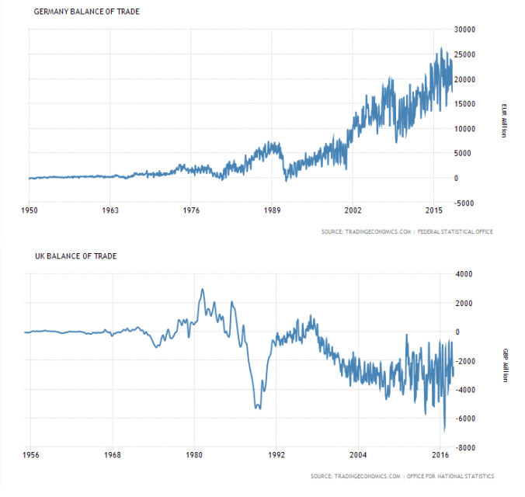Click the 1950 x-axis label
pyautogui.click(x=29, y=211)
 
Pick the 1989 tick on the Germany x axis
pyautogui.click(x=272, y=211)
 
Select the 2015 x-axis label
pyautogui.click(x=433, y=211)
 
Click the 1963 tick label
pyautogui.click(x=110, y=211)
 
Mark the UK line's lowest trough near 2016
pyautogui.click(x=444, y=429)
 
